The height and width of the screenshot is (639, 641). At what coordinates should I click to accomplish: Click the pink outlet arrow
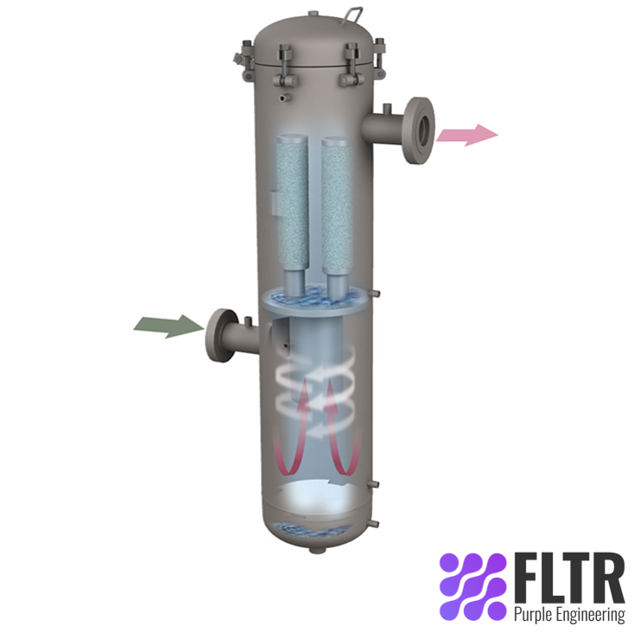(466, 134)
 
